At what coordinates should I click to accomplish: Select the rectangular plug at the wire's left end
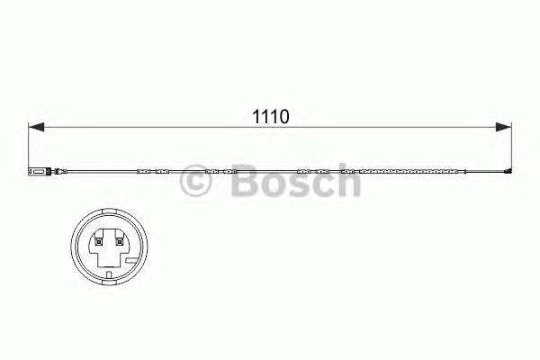pyautogui.click(x=35, y=170)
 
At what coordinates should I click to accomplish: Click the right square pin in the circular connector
pyautogui.click(x=119, y=239)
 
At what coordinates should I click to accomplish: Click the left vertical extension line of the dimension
pyautogui.click(x=30, y=144)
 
